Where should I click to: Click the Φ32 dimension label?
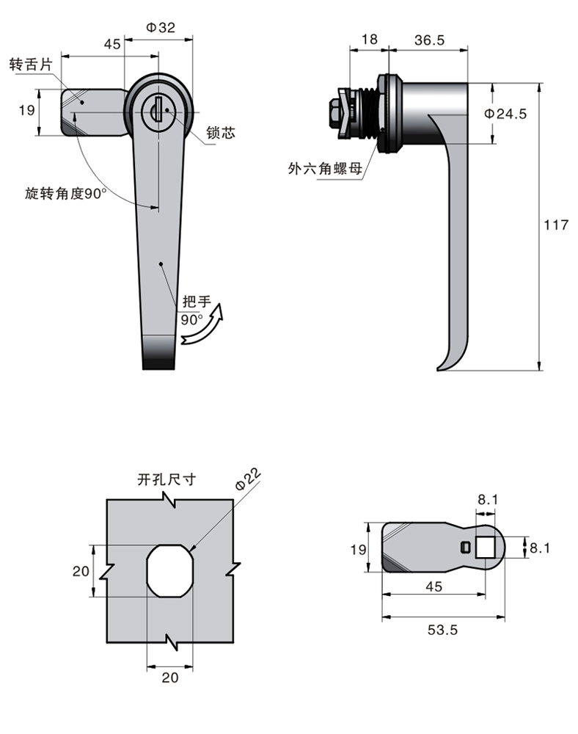(160, 28)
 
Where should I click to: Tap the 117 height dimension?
(556, 225)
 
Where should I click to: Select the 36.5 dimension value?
(429, 41)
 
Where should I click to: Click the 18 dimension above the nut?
(370, 41)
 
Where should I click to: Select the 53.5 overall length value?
(442, 630)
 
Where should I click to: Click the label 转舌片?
(32, 65)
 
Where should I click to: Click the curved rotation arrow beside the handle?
(204, 326)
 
